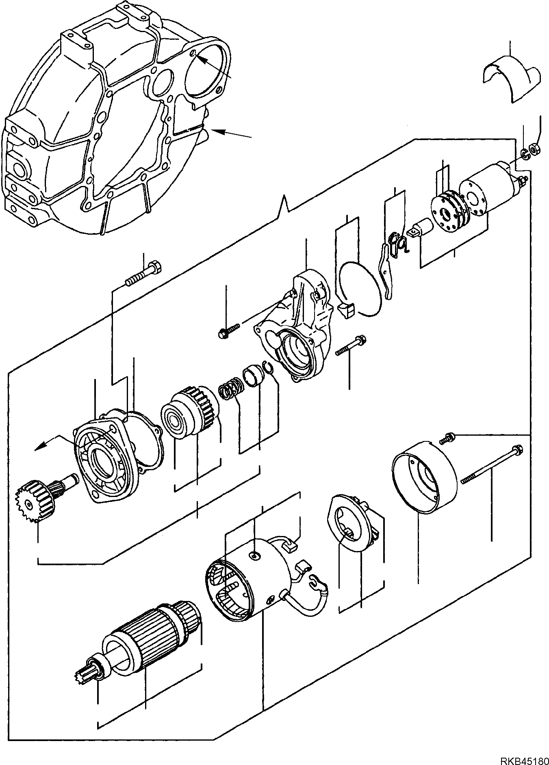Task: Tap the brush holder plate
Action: [x=353, y=524]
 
